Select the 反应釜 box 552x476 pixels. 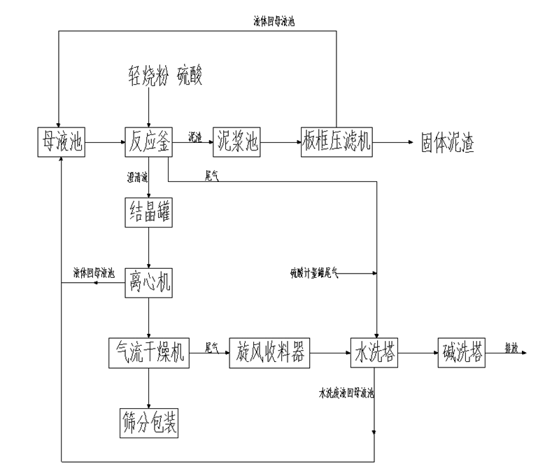(148, 143)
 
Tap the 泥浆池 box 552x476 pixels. (236, 143)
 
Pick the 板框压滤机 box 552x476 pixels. (337, 143)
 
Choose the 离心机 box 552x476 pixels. (148, 283)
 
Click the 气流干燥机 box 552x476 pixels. (148, 353)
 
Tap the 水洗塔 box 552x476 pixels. (375, 353)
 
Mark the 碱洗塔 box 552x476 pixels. (462, 353)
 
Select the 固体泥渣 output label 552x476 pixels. (447, 143)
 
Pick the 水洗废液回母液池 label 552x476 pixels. (346, 394)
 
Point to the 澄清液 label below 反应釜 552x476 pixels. (138, 179)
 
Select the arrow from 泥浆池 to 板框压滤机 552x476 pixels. (280, 143)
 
